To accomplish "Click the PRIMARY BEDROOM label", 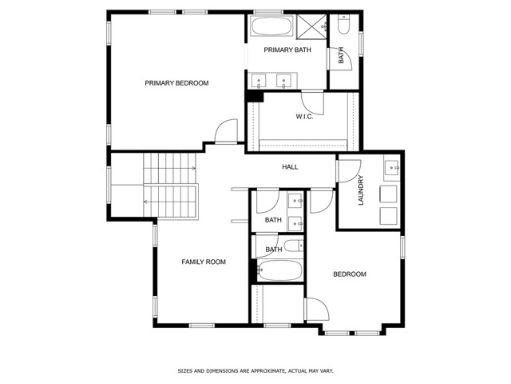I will tap(176, 83).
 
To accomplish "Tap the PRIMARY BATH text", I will tap(287, 50).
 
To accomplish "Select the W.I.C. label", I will tap(303, 117).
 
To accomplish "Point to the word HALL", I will tap(290, 167).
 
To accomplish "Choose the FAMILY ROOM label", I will tap(204, 262).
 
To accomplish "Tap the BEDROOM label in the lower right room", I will tap(349, 274).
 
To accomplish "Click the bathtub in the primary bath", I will tap(273, 26).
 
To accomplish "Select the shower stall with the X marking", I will tap(312, 26).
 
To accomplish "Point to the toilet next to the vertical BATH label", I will tap(343, 26).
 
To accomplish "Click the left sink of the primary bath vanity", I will tap(260, 80).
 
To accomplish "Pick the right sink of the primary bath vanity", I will tap(284, 80).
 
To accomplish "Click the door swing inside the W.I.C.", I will tap(316, 101).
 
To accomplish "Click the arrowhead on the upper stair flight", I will tap(195, 169).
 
